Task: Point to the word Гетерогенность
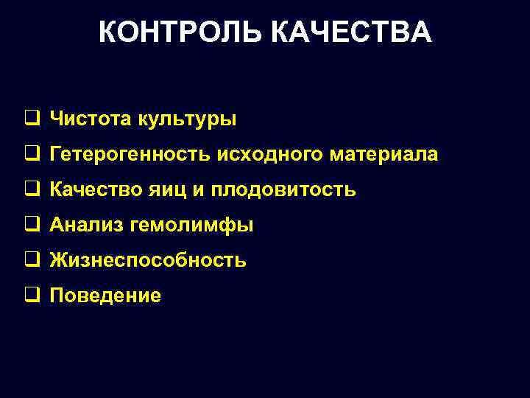coord(130,155)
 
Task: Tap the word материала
coord(384,155)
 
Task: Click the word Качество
coord(91,190)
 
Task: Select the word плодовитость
coord(283,190)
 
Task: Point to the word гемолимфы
coord(191,226)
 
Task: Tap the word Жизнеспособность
coord(148,261)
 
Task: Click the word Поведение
coord(105,296)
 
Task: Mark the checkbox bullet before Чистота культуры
coord(32,118)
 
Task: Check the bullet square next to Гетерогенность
coord(32,153)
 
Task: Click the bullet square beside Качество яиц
coord(32,189)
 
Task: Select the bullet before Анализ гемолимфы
coord(32,224)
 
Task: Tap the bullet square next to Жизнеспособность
coord(32,259)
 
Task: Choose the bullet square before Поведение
coord(32,295)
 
